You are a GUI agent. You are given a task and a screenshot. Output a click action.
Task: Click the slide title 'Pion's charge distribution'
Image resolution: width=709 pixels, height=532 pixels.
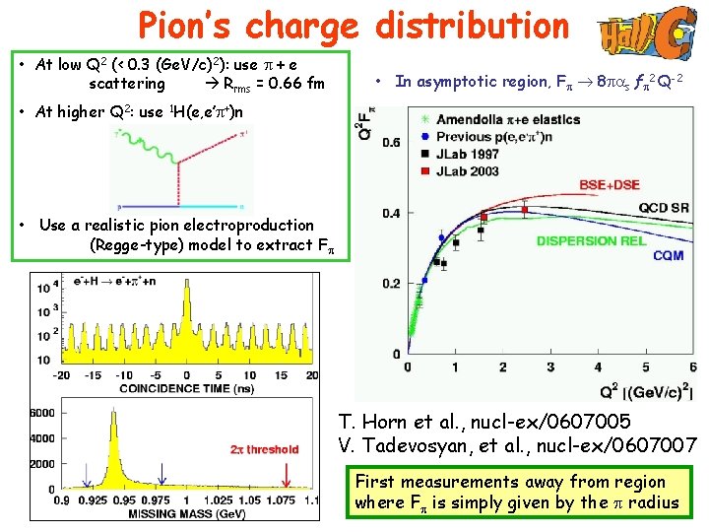tap(354, 27)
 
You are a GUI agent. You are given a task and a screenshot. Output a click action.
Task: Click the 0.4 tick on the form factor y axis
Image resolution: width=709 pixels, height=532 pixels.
tap(390, 213)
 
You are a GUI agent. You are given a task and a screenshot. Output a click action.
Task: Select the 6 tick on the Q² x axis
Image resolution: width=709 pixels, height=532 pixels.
tap(693, 366)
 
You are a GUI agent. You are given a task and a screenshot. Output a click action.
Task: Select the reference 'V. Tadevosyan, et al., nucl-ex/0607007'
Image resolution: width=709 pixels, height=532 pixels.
tap(517, 445)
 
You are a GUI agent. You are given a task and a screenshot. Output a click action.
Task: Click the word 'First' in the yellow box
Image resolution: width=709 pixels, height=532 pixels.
tap(375, 482)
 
